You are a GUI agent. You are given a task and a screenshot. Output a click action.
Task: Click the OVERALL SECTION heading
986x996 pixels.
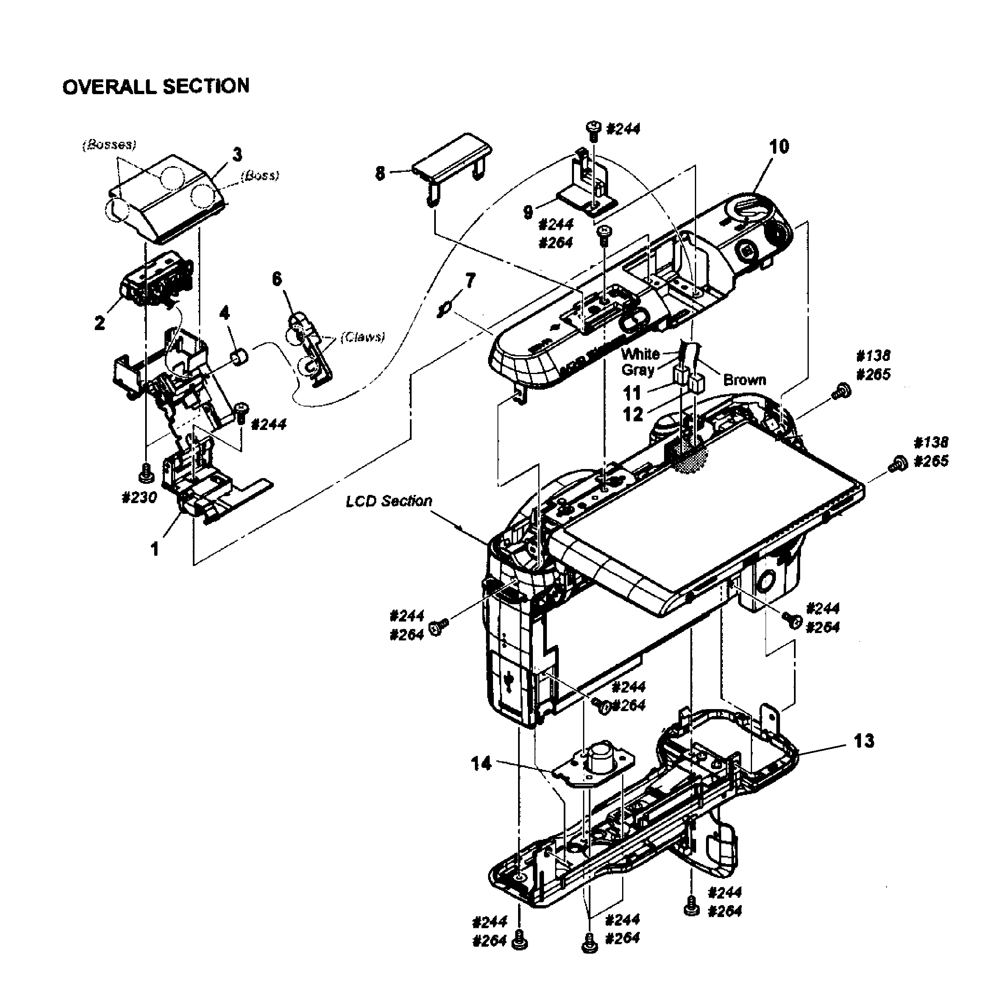coord(156,86)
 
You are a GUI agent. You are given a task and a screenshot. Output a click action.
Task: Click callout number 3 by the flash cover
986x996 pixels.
coord(237,154)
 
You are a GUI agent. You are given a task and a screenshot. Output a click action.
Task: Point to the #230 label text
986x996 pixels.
coord(139,497)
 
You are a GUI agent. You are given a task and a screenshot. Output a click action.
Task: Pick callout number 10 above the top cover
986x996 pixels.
coord(779,146)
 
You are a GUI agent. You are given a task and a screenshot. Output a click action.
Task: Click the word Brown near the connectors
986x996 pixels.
coord(744,380)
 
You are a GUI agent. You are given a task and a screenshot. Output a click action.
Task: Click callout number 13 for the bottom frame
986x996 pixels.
coord(864,741)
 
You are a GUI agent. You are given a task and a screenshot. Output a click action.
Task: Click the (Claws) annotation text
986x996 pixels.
coord(363,337)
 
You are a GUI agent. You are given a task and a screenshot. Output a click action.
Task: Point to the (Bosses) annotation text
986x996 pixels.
coord(109,145)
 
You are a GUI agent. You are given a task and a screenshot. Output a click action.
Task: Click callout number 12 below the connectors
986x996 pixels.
coord(633,414)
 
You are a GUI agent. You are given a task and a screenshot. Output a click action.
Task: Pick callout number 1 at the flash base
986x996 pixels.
coord(154,550)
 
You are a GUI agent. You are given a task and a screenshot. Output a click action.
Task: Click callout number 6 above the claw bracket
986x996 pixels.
coord(277,279)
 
